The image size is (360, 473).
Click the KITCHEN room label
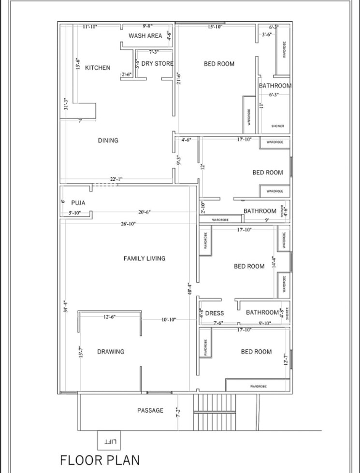(x=98, y=68)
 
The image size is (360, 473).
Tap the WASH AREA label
(x=145, y=36)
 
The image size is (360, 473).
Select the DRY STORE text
(x=157, y=63)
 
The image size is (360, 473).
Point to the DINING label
(x=108, y=141)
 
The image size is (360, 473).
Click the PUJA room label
(x=78, y=203)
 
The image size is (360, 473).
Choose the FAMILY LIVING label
(x=144, y=258)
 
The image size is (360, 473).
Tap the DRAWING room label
(x=111, y=352)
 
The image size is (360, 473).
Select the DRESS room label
(x=215, y=313)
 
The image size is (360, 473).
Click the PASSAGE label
(x=150, y=411)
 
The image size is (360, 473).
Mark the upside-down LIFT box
(x=109, y=440)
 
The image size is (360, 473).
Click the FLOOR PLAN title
(x=100, y=459)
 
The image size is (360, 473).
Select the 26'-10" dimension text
(x=128, y=224)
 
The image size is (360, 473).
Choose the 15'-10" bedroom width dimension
(x=215, y=27)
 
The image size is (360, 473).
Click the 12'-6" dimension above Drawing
(x=109, y=317)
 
